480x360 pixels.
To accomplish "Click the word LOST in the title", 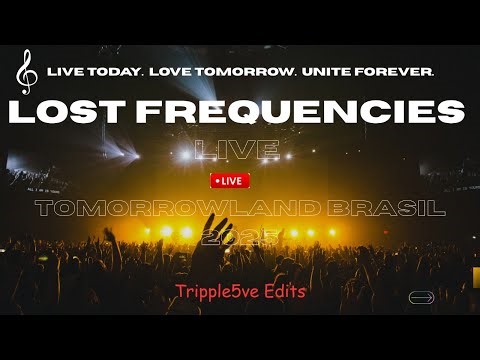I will (82, 111).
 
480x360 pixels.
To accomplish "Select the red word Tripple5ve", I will (209, 291).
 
